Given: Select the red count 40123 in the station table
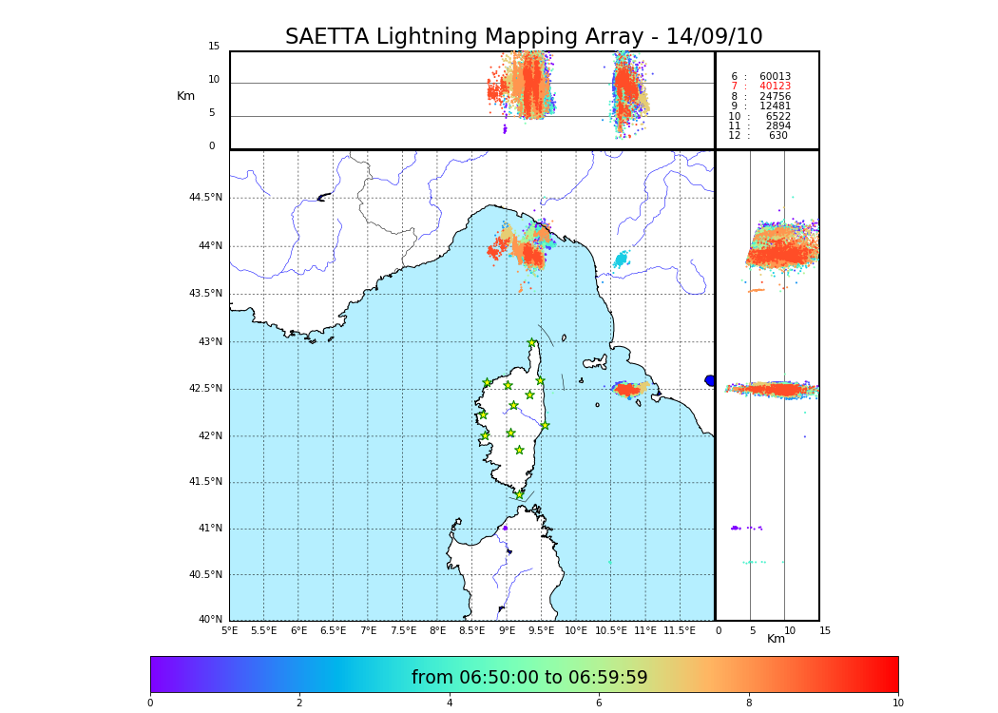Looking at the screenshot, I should coord(775,87).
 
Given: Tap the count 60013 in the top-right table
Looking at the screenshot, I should coord(775,77).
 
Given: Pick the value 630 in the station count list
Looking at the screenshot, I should coord(777,136).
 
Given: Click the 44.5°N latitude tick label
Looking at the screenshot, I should coord(205,198).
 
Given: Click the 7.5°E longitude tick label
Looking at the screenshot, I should coord(403,630).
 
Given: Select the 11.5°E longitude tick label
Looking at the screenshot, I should coord(681,630).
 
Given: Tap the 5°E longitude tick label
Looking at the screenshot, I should coord(229,630).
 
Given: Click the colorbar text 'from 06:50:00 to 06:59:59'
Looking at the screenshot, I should coord(529,678).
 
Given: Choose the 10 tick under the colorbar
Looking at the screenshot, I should coord(897,703).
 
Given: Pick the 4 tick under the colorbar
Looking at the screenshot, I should coord(450,703).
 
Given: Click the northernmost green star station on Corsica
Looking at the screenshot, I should coord(532,343).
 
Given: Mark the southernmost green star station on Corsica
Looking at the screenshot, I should coord(519,494).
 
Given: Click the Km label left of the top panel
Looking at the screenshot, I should coord(185,96).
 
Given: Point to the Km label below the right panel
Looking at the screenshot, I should coord(776,639).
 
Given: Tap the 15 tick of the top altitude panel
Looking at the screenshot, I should coord(214,47).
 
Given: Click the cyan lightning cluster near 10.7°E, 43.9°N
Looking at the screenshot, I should coord(621,259).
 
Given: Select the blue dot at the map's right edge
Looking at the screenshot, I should coord(710,380).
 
